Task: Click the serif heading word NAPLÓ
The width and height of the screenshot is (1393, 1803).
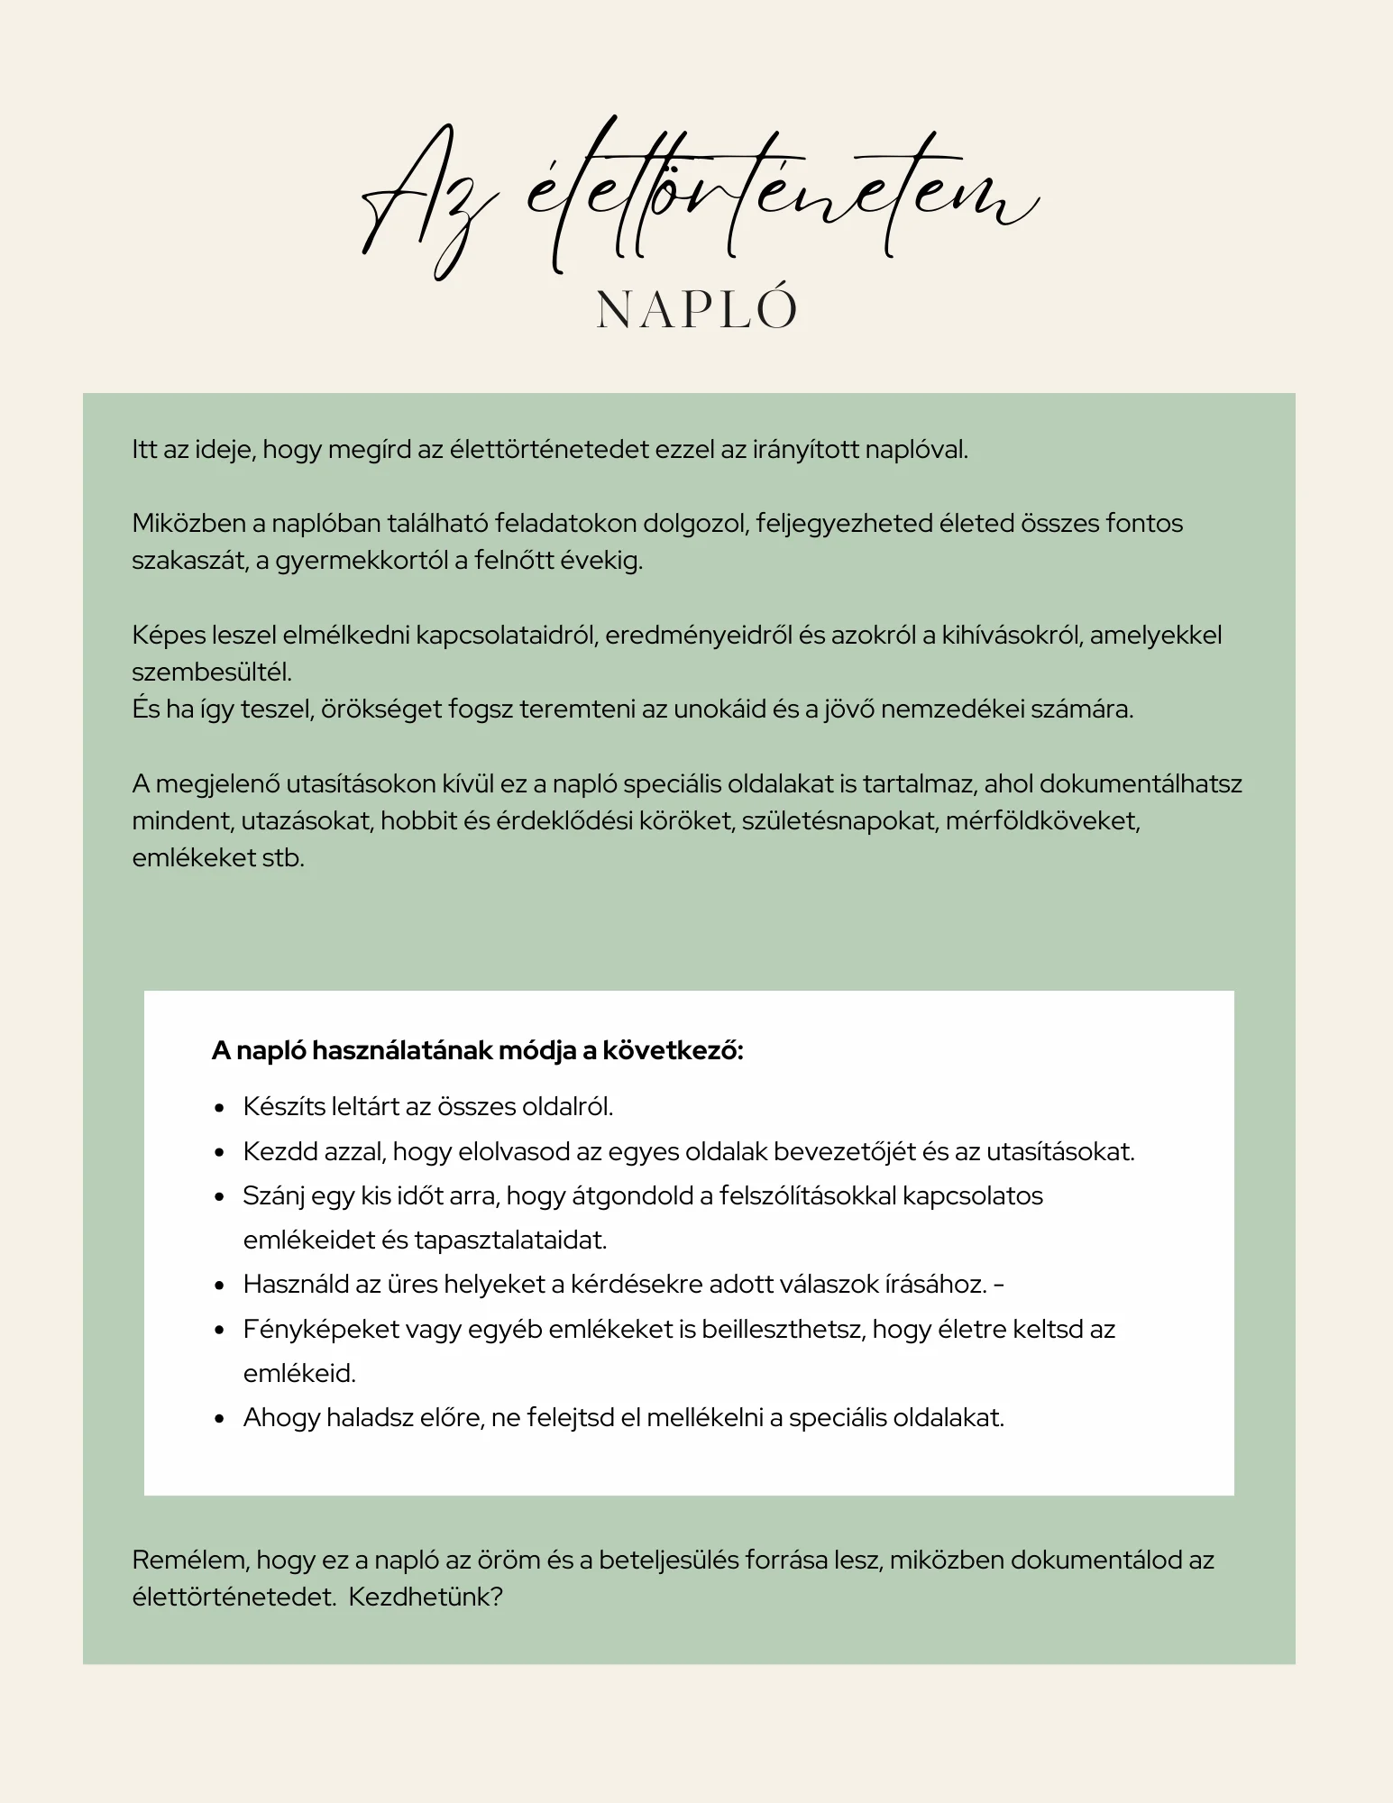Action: [697, 310]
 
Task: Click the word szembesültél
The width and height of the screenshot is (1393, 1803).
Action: [212, 673]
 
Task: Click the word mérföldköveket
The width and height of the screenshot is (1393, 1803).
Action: [1043, 821]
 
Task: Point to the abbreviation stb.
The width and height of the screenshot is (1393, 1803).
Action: [283, 858]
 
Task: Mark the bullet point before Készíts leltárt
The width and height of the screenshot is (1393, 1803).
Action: [219, 1109]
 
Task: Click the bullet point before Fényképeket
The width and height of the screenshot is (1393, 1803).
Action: [219, 1331]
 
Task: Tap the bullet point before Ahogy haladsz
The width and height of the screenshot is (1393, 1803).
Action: [219, 1419]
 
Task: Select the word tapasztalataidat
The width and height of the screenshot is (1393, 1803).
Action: [511, 1240]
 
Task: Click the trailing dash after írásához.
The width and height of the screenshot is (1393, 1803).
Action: [998, 1285]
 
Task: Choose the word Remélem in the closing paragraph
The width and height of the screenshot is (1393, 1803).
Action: [190, 1560]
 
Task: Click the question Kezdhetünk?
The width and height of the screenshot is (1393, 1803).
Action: [426, 1597]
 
